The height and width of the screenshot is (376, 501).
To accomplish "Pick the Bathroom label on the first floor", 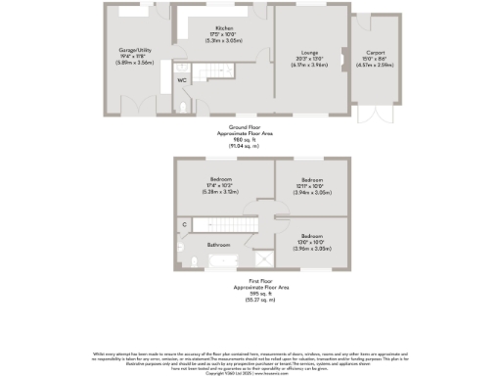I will (218, 244).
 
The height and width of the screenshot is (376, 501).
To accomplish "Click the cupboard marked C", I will (184, 225).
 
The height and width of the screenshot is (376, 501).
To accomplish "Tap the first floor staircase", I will (236, 224).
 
